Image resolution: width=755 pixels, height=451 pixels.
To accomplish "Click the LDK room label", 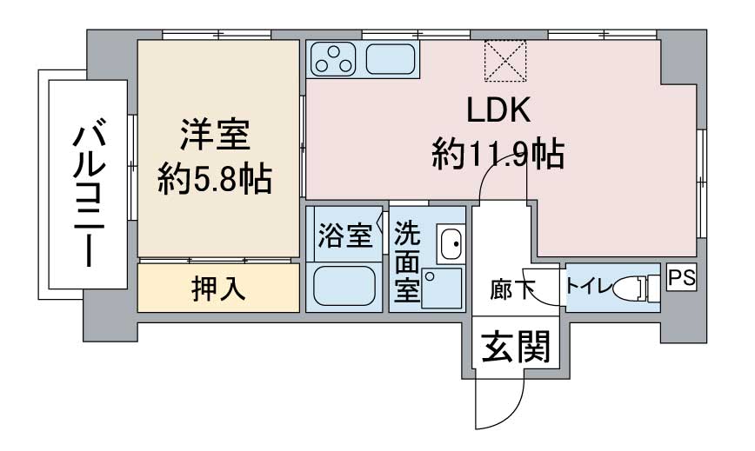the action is [498, 110].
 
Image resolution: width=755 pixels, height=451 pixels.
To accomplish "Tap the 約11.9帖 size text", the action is [498, 154].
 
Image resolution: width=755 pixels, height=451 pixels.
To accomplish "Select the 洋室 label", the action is [215, 135].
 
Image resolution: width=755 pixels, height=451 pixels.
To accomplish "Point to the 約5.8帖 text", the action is [215, 178].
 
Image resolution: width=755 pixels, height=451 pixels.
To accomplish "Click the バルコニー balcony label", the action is [89, 195].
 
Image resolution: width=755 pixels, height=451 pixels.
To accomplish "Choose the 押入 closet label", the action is [218, 289].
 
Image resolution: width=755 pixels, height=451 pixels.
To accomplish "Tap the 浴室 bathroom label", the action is [345, 235].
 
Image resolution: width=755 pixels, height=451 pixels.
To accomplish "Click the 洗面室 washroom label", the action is [407, 262].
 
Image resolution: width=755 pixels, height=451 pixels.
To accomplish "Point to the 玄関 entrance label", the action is [515, 346].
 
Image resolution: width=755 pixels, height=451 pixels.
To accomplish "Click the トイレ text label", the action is [588, 287].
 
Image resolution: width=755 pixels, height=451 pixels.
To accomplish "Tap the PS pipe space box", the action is [681, 278].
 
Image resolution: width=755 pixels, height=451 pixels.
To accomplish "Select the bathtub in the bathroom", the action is [344, 286].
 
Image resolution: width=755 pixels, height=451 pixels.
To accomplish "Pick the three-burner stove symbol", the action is [333, 59].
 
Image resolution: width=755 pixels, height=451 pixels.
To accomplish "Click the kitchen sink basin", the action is [391, 59].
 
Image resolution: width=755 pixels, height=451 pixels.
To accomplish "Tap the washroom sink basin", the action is [451, 243].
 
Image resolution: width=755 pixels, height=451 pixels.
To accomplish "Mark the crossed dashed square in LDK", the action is [505, 61].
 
